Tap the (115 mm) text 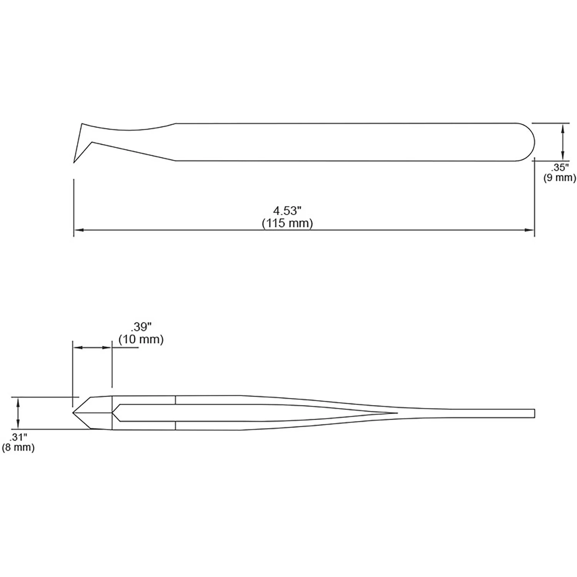(287, 223)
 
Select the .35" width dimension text (559, 167)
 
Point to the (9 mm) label (559, 178)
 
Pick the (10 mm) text (141, 340)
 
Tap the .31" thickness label (18, 437)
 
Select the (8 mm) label (18, 447)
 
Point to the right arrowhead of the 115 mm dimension (529, 230)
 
